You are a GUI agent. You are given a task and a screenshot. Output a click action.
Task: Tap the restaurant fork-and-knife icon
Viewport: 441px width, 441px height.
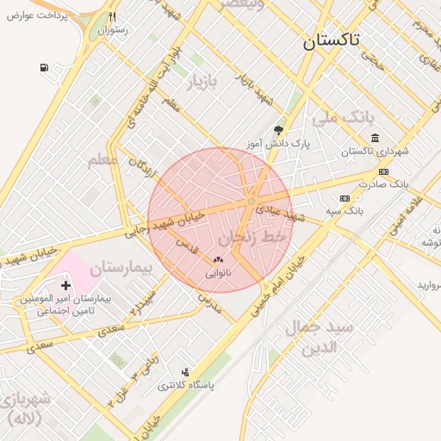(x=112, y=16)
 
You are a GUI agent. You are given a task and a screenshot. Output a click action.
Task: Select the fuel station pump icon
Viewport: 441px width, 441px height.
(x=44, y=67)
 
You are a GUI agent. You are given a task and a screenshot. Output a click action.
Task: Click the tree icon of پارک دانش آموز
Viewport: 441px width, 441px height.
(x=277, y=130)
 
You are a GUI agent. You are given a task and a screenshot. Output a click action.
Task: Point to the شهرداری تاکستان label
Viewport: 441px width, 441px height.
(x=375, y=152)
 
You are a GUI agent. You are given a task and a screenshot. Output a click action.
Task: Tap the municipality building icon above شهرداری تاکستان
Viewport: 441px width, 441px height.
(x=375, y=138)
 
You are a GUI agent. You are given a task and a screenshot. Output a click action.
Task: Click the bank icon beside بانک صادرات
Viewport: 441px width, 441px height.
(x=383, y=171)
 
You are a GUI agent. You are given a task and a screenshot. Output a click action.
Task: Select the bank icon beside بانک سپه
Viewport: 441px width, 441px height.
(x=345, y=198)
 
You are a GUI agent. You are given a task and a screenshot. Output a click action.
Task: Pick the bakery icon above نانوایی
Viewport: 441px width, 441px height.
(x=218, y=259)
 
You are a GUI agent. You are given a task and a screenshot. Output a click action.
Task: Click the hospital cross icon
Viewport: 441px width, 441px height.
(x=65, y=284)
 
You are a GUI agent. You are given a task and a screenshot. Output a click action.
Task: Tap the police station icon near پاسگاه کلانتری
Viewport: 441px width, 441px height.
(x=184, y=372)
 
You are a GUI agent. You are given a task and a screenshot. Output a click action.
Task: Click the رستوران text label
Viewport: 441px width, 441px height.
(x=112, y=30)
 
